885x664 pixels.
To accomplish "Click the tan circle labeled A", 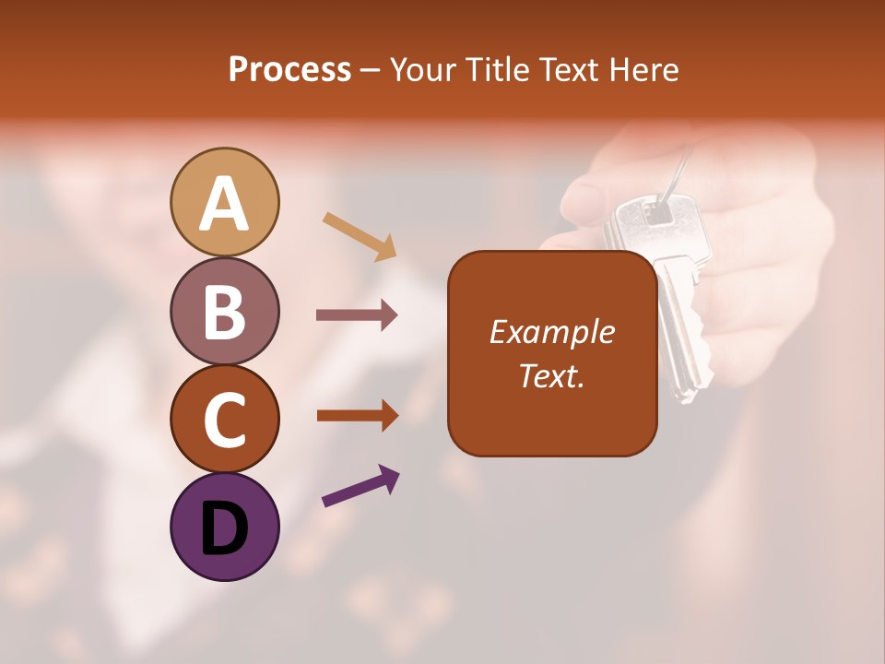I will click(225, 202).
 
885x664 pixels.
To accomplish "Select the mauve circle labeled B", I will click(225, 310).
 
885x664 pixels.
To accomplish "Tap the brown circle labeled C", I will click(225, 419).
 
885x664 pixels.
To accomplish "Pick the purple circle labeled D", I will click(225, 527).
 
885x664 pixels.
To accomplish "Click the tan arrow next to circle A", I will click(360, 236).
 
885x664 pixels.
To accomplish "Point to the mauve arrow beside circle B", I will click(357, 315).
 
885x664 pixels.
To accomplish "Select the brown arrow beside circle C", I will click(357, 416).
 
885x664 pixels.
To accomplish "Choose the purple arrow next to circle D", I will click(360, 487).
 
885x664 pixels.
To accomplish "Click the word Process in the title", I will click(289, 69).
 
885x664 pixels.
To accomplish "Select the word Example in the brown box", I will click(552, 332).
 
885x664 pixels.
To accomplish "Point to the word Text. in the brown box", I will click(552, 375).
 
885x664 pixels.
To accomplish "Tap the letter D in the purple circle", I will click(225, 528).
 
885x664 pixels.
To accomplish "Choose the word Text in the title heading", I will click(567, 69).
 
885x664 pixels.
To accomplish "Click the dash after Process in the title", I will click(370, 70).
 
